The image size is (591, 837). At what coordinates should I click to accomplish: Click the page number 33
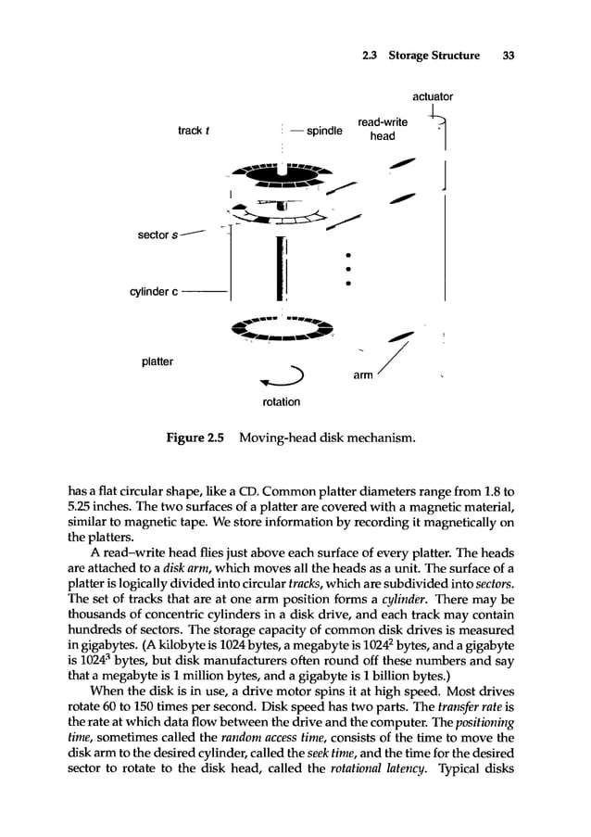[x=507, y=56]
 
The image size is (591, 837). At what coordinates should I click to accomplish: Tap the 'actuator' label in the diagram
[x=433, y=95]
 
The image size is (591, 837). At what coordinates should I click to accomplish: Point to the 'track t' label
[x=192, y=131]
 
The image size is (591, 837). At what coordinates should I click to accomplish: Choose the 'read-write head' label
[x=383, y=128]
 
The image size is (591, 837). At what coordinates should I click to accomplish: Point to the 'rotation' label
[x=281, y=402]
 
